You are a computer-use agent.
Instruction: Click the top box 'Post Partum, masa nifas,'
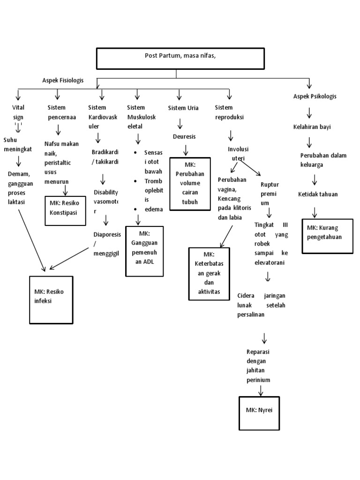coord(176,58)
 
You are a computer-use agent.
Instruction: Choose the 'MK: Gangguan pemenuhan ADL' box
coord(143,251)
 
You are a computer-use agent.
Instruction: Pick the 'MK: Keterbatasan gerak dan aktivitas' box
coord(209,274)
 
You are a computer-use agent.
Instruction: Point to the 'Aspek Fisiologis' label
coord(62,80)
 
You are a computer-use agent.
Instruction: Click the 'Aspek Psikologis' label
coord(315,96)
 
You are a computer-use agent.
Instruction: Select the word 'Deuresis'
coord(184,136)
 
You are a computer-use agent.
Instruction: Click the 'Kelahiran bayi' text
coord(312,127)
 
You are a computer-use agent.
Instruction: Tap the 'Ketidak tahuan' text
coord(318,194)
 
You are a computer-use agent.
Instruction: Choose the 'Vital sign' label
coord(18,112)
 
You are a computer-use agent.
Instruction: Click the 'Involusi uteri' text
coord(238,154)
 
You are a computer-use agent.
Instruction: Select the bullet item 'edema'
coord(153,210)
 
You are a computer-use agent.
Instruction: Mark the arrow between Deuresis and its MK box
coord(186,150)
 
